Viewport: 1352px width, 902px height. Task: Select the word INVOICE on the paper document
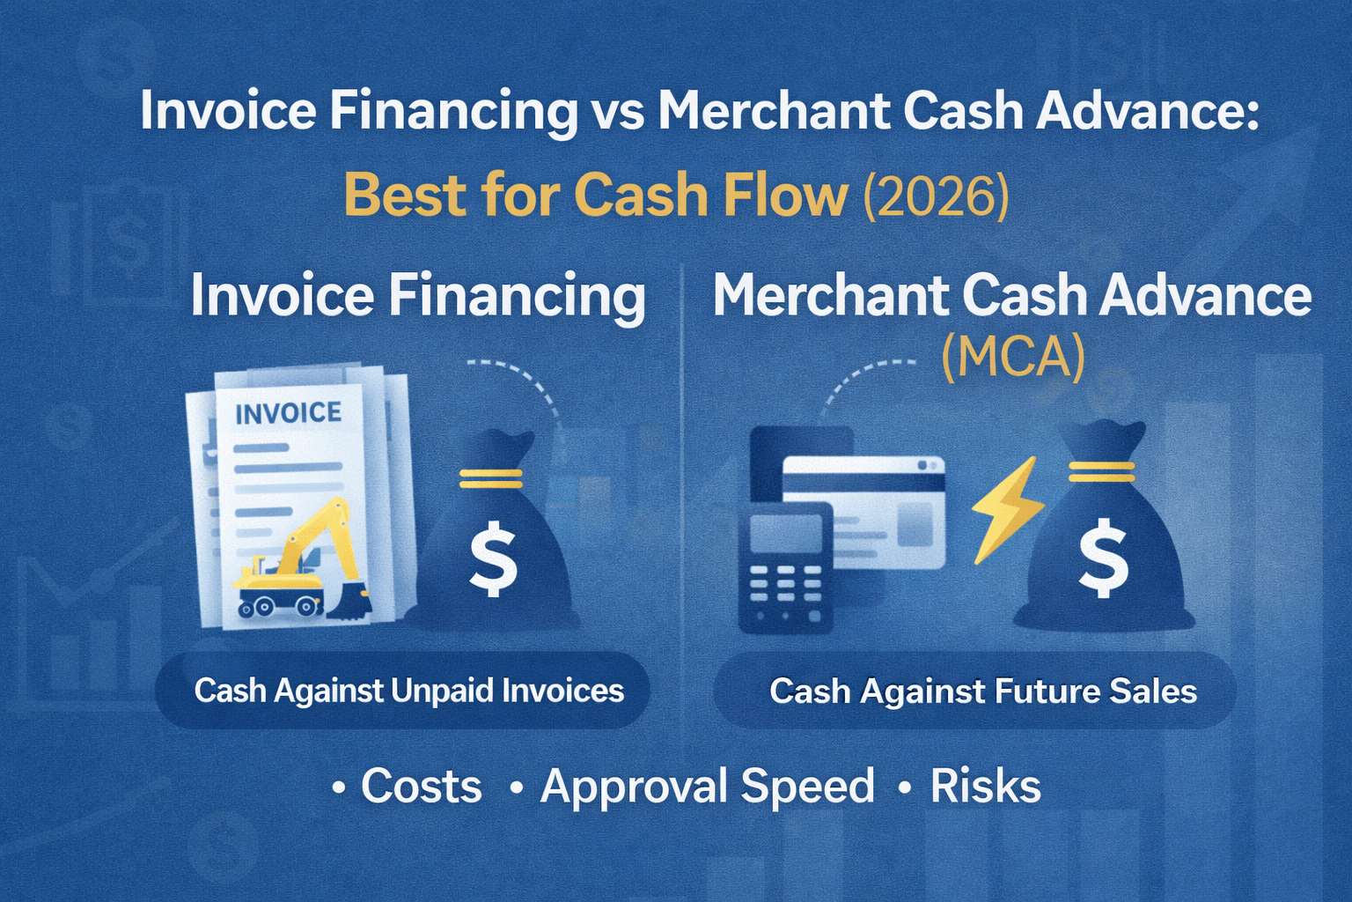(288, 412)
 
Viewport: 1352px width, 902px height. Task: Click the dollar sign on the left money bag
(493, 558)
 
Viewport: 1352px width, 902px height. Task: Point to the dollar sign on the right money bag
(1103, 558)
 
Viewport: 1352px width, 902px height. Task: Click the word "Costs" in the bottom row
(421, 786)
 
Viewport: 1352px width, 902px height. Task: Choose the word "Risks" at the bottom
(986, 786)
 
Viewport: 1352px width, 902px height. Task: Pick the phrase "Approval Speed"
(708, 786)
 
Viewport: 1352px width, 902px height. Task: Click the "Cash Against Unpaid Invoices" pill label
(408, 691)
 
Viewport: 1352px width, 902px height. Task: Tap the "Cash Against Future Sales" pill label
(982, 691)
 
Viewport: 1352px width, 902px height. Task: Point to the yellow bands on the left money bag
(491, 478)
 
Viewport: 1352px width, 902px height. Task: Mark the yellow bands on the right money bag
(1101, 471)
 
